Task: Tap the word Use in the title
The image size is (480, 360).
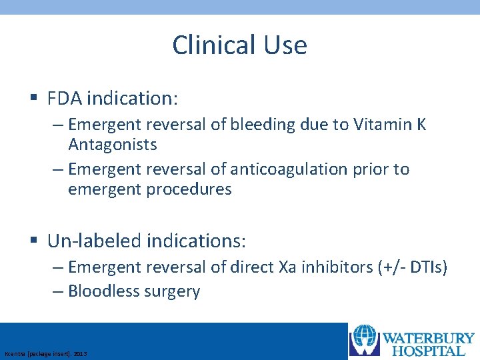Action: tap(285, 45)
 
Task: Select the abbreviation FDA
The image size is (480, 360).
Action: tap(65, 99)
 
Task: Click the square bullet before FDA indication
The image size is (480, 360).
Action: tap(34, 99)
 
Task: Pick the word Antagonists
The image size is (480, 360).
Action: tap(113, 145)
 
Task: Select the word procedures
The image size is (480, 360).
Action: tap(189, 189)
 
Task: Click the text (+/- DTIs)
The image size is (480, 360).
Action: tap(414, 267)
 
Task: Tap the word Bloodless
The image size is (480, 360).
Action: tap(102, 291)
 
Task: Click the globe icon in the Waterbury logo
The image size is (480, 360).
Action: tap(365, 340)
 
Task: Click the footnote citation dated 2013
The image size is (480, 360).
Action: tap(45, 353)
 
